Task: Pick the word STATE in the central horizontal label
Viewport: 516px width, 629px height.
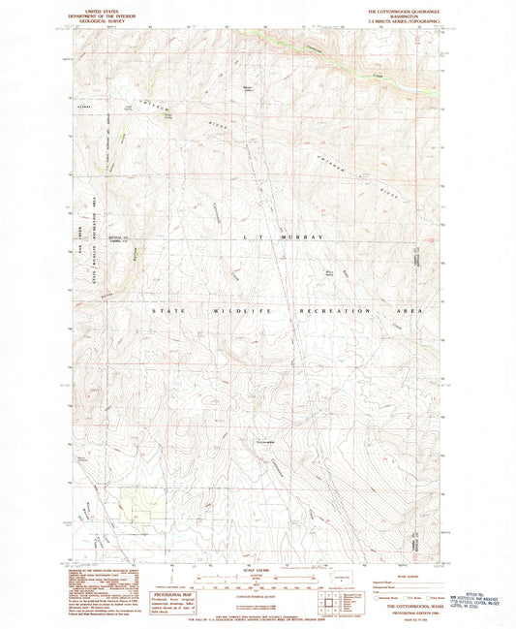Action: click(165, 311)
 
